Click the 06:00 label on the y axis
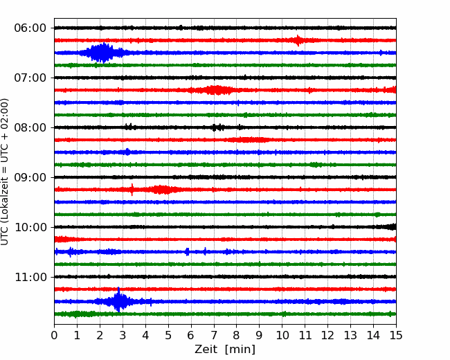click(x=30, y=28)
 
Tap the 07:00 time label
click(x=30, y=78)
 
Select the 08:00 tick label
click(x=30, y=127)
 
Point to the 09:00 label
click(x=30, y=177)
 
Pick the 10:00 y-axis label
click(x=30, y=227)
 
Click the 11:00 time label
click(x=30, y=278)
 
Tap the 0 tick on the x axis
click(x=54, y=335)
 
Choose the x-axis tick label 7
click(x=214, y=335)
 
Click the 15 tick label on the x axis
click(x=396, y=335)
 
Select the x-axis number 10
click(x=282, y=335)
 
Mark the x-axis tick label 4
click(x=145, y=335)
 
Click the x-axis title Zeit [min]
click(x=225, y=349)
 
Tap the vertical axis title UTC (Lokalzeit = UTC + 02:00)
click(x=4, y=172)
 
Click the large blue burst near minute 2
click(x=102, y=53)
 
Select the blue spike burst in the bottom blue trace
click(x=118, y=300)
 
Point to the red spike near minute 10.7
click(x=298, y=40)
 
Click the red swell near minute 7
click(x=214, y=90)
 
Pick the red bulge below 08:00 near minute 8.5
click(x=249, y=140)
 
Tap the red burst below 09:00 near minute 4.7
click(x=161, y=190)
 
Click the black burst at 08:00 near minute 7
click(x=218, y=127)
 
